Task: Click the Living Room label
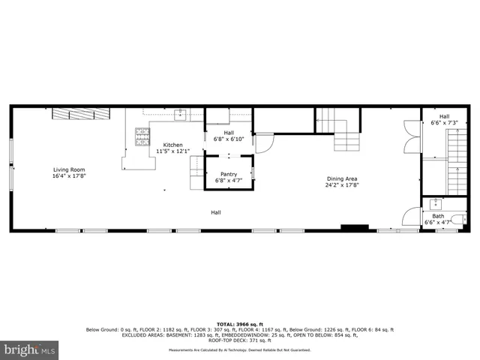click(69, 169)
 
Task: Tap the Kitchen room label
click(173, 145)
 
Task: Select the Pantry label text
click(229, 174)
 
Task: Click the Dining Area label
click(341, 178)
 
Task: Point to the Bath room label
click(437, 216)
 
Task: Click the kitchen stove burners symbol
click(142, 136)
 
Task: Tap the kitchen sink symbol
click(181, 114)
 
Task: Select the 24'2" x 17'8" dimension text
click(341, 184)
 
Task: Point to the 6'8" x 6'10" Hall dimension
click(229, 139)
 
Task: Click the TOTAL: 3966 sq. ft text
click(239, 323)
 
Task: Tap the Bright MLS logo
click(31, 349)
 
